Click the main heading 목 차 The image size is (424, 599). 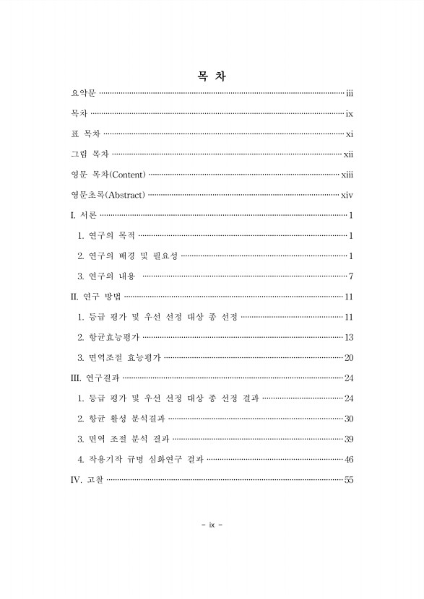[x=212, y=77]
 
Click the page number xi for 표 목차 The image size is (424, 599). [x=349, y=134]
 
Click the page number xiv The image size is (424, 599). [x=346, y=195]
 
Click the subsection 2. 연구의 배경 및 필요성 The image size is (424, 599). [x=127, y=256]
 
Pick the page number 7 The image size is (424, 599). [x=350, y=276]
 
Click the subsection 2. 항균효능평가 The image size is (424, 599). [x=108, y=337]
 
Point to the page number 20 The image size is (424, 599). [x=349, y=358]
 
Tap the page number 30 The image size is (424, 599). [x=349, y=419]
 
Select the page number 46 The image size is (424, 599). [x=349, y=459]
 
